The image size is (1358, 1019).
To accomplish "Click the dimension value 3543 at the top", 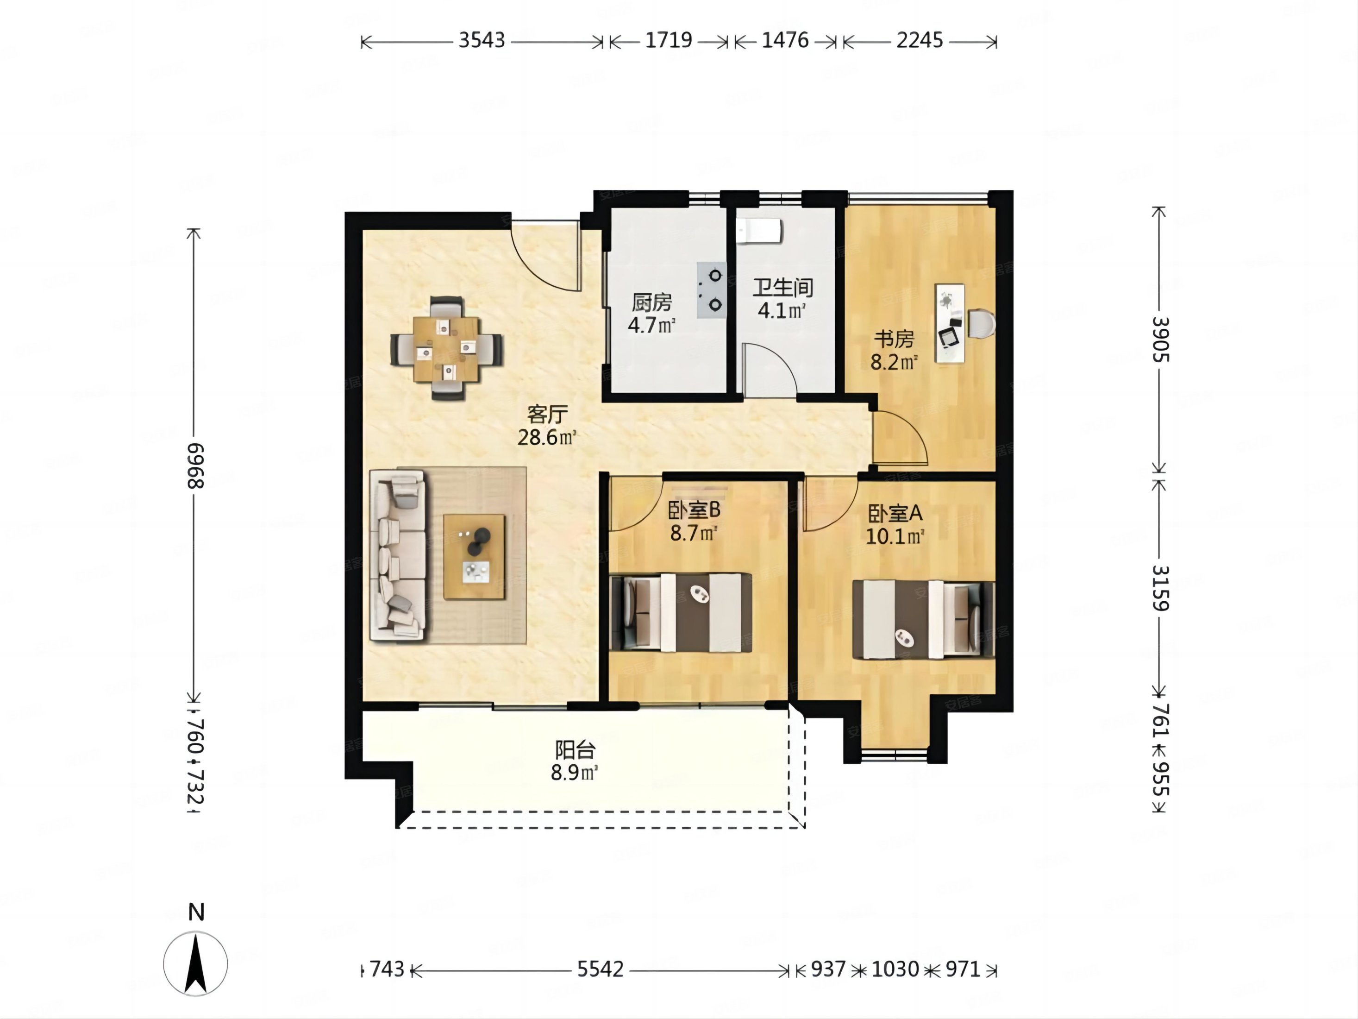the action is [x=482, y=41].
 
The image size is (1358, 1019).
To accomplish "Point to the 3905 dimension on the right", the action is [x=1160, y=339].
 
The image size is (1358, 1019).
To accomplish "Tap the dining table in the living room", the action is [x=446, y=349].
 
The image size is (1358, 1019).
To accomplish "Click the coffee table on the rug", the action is [x=474, y=556].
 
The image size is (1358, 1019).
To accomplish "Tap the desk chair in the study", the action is [x=981, y=323].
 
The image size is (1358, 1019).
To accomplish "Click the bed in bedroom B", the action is [x=682, y=612].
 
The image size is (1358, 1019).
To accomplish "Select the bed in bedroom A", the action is [x=923, y=619].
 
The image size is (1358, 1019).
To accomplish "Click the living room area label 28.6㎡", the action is [x=547, y=437].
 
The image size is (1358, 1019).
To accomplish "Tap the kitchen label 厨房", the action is [x=652, y=302].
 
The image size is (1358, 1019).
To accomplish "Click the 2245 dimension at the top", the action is [x=920, y=41].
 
